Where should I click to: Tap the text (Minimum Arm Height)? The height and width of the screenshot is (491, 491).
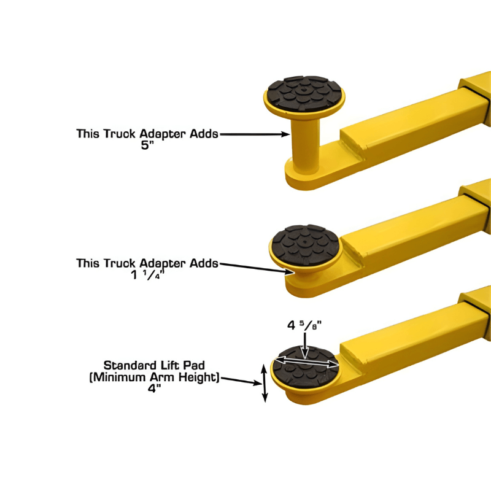(155, 377)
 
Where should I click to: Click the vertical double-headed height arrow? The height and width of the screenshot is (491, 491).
(265, 383)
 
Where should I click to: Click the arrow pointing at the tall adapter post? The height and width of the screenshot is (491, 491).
(255, 133)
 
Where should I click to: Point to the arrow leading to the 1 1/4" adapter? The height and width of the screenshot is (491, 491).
(258, 267)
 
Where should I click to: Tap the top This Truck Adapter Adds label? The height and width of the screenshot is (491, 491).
(147, 133)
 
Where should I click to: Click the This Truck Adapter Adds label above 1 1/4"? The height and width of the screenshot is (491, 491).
(147, 263)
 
